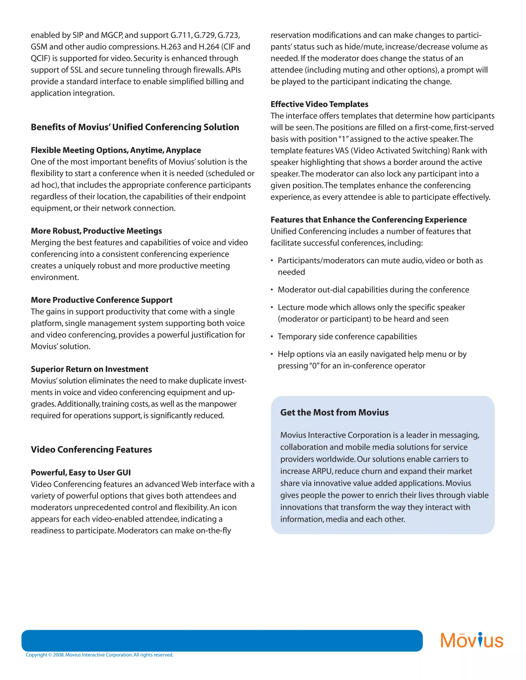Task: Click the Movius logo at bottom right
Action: tap(472, 640)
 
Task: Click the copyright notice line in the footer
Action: tap(99, 655)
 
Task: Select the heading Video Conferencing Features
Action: tap(91, 450)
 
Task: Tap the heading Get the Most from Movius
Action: tap(334, 413)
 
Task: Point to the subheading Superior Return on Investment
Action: tap(89, 369)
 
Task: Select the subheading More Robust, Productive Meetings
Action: tap(96, 231)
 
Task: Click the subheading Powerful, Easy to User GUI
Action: tap(81, 473)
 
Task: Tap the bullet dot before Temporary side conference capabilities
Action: tap(272, 337)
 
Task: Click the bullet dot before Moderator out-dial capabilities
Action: tap(272, 290)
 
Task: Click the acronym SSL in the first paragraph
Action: tap(76, 70)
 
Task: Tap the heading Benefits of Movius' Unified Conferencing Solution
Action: tap(135, 127)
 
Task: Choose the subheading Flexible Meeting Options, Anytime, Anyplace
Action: tap(116, 150)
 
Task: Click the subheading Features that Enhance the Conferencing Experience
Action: tap(368, 220)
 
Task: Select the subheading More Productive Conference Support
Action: tap(102, 300)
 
